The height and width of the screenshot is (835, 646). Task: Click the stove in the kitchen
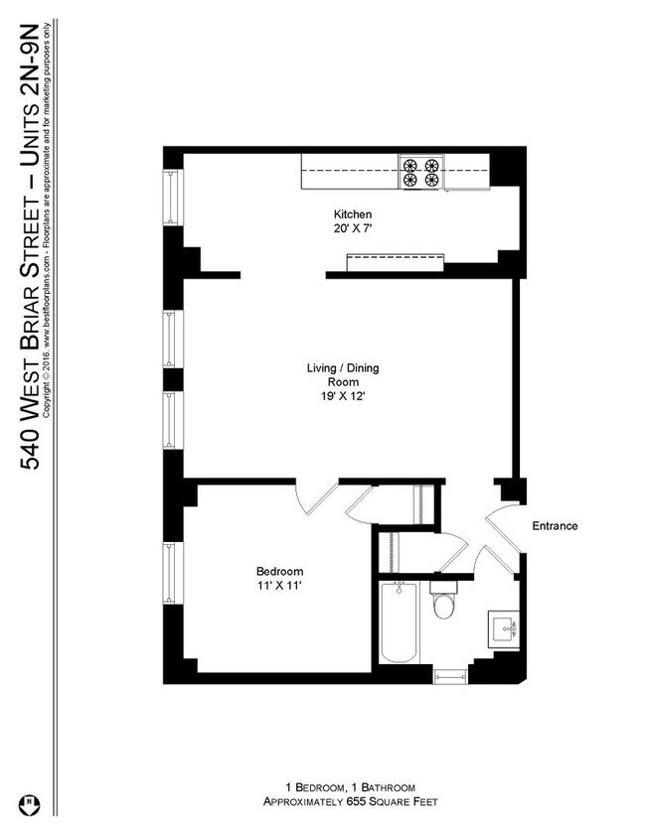[420, 174]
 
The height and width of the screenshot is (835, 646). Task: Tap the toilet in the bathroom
[442, 604]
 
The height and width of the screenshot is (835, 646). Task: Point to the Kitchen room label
[352, 214]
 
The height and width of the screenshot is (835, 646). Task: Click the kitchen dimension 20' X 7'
[352, 228]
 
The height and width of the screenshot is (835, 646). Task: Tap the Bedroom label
[279, 572]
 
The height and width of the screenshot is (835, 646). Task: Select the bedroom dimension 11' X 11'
[279, 586]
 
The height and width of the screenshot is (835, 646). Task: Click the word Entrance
[555, 526]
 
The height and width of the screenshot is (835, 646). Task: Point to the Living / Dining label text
[342, 368]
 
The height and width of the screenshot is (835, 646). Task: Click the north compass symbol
[32, 800]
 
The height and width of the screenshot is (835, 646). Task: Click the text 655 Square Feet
[389, 800]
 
